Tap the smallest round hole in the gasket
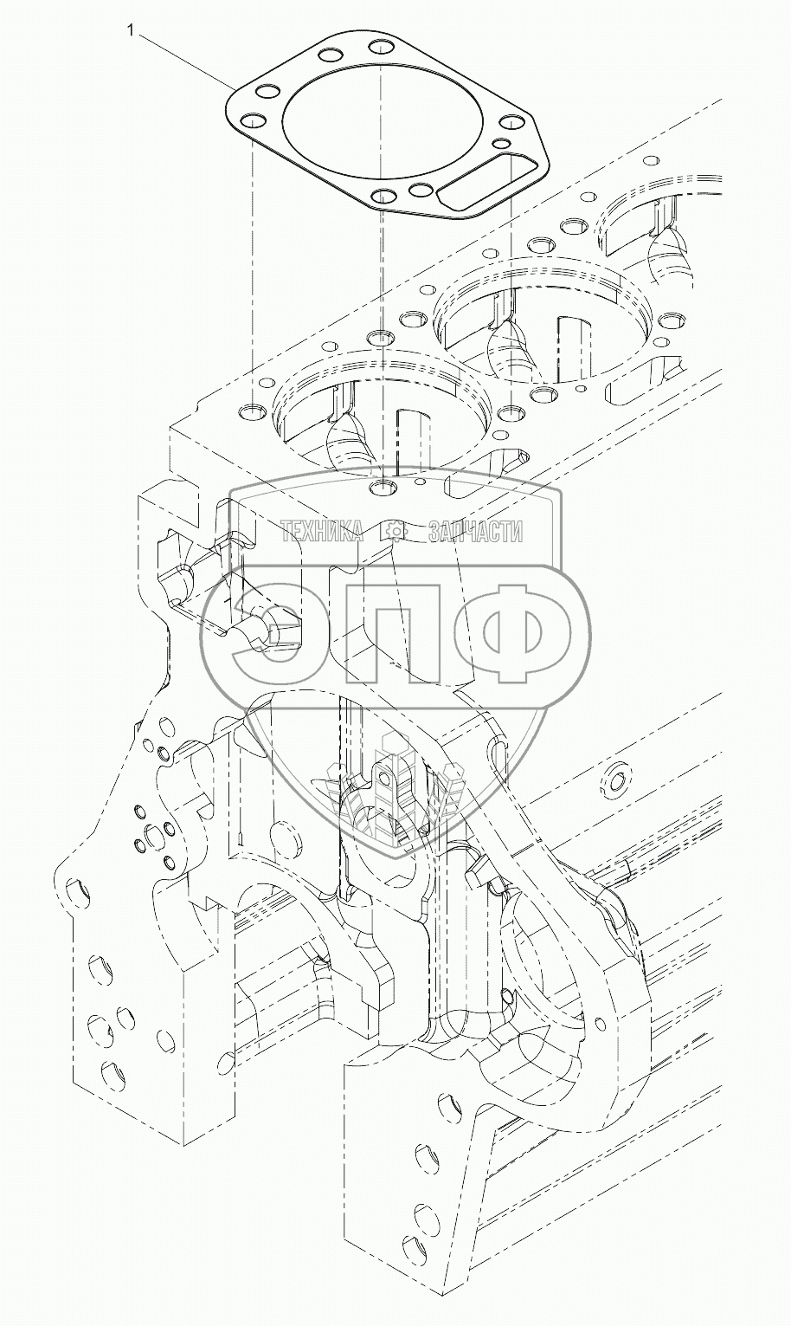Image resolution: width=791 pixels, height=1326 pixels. coord(502,143)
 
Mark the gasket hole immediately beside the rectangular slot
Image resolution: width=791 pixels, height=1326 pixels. coord(421,190)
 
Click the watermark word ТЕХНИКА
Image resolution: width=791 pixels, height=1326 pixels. coord(323,532)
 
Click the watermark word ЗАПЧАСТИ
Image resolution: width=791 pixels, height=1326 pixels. coord(474,532)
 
